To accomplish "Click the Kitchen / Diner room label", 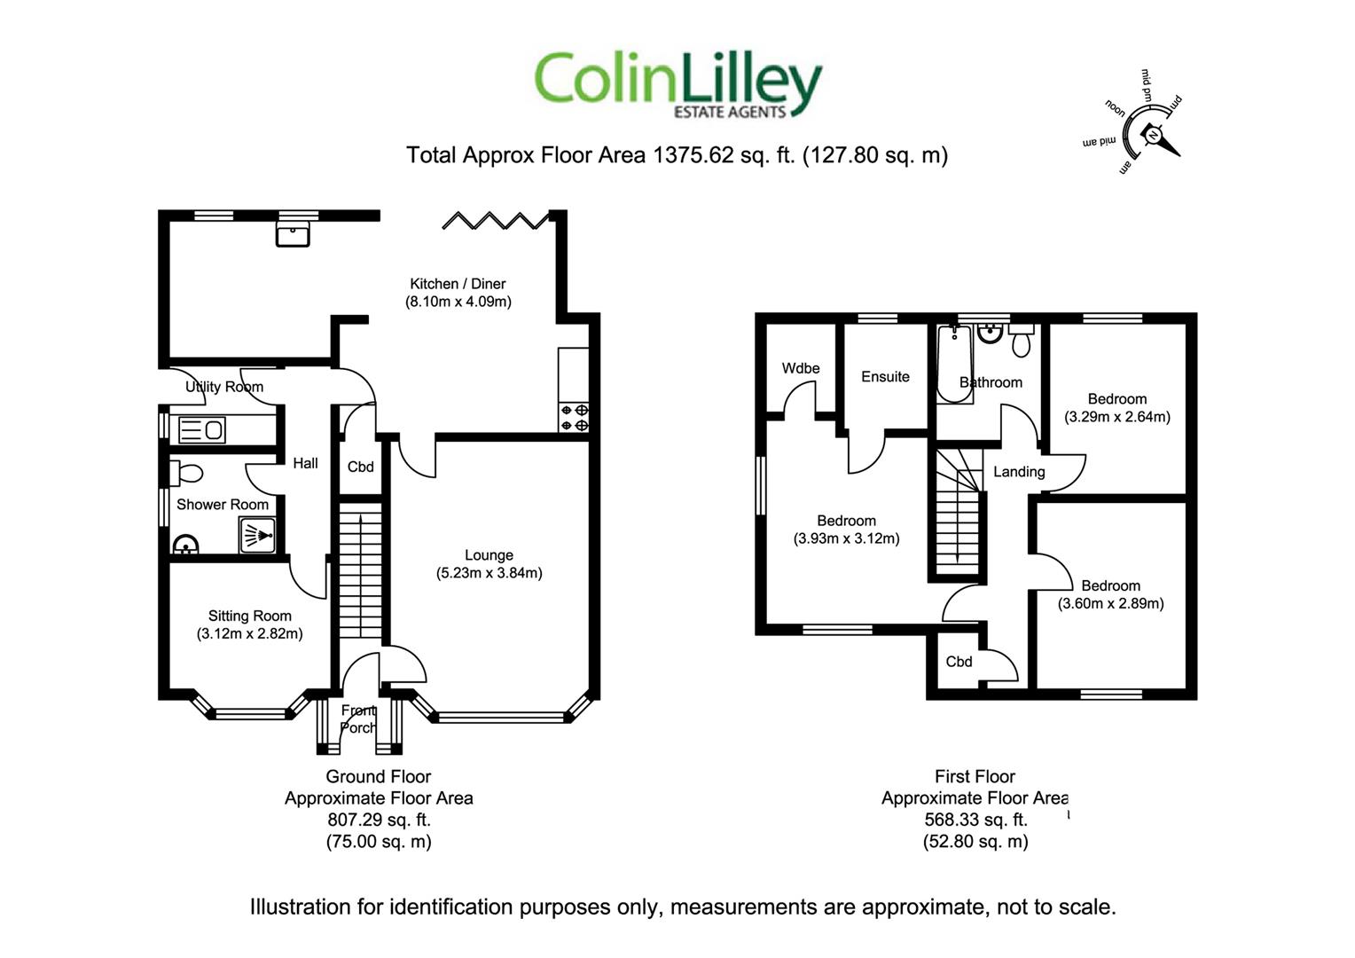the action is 458,284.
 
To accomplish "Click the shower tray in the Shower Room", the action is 258,535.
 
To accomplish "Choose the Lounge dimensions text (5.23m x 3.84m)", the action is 490,573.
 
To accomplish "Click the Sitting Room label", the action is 250,616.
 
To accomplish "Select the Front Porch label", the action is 358,719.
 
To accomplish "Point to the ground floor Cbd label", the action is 361,467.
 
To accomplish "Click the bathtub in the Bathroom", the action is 954,365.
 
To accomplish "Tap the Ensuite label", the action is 885,377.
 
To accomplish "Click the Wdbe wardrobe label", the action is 800,368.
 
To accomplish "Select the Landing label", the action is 1019,472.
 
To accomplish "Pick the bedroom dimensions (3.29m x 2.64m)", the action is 1117,417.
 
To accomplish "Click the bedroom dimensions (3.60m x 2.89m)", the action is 1110,603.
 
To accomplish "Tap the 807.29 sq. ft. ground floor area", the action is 380,820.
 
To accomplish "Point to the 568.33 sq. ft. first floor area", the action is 975,820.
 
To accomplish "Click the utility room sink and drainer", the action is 202,429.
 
